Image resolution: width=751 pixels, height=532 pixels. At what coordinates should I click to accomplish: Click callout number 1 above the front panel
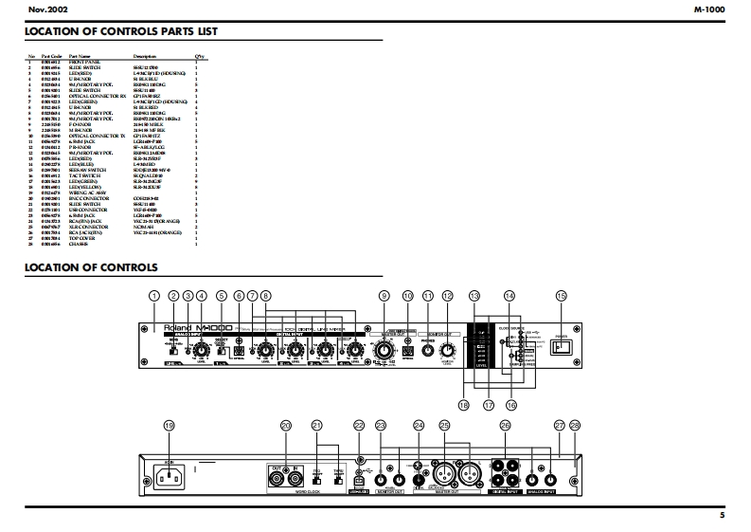coord(153,296)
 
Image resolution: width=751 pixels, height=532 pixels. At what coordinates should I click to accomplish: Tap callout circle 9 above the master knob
coord(384,296)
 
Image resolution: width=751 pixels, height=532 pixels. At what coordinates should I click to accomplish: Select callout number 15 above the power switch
coord(561,296)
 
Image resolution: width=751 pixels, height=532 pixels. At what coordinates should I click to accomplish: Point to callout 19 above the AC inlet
coord(170,426)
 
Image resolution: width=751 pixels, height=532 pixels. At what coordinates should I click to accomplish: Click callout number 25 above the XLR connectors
coord(444,426)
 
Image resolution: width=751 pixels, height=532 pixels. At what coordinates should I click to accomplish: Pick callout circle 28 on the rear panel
coord(574,426)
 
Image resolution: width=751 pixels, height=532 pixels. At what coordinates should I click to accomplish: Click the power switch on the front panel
coord(562,346)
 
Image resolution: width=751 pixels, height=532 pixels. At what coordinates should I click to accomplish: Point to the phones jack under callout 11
coord(427,351)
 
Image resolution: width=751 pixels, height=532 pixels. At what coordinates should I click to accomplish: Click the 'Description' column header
coord(145,56)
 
